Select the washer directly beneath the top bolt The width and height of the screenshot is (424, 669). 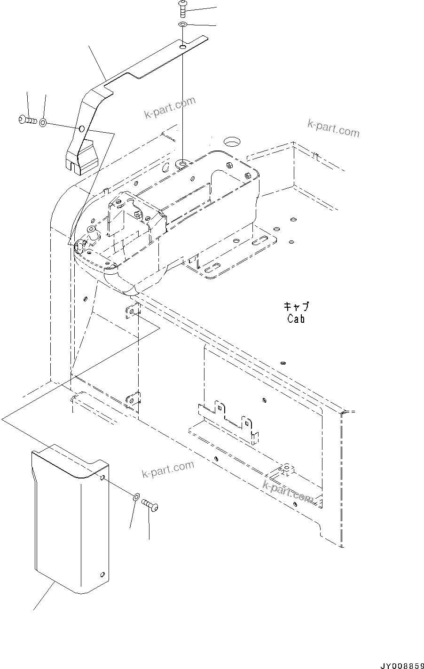[183, 24]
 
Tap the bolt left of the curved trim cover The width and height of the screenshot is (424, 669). [28, 120]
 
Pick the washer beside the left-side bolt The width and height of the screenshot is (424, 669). [43, 123]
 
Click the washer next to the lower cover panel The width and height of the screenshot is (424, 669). [135, 497]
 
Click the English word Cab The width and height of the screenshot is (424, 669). [296, 319]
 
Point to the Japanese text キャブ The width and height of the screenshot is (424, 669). [296, 307]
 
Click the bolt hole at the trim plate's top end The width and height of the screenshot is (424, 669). [182, 46]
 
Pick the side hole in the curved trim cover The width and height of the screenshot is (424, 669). [81, 128]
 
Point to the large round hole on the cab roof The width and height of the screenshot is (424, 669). [231, 141]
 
